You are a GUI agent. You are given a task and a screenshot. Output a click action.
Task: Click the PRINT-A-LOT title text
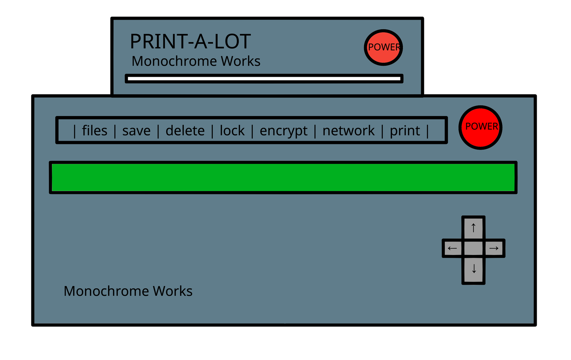190,41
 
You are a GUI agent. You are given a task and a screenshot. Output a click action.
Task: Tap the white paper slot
264,79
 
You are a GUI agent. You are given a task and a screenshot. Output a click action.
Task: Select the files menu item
95,131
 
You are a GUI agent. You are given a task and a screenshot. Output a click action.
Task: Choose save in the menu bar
136,131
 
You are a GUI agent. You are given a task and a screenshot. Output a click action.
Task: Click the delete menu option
185,131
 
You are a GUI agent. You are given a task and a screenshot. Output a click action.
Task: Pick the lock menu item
232,131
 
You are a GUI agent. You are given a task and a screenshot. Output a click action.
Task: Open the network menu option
348,131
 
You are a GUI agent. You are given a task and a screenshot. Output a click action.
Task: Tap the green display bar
283,177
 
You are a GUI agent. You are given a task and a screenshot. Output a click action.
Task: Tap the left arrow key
453,248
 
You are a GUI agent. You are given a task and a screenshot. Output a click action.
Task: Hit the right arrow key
494,248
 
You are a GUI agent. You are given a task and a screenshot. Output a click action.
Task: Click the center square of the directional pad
473,248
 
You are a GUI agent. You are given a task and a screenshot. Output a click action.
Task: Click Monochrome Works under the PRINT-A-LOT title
196,61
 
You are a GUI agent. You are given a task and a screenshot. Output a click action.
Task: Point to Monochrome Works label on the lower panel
128,291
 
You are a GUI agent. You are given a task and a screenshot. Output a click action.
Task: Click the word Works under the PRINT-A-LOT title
241,61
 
